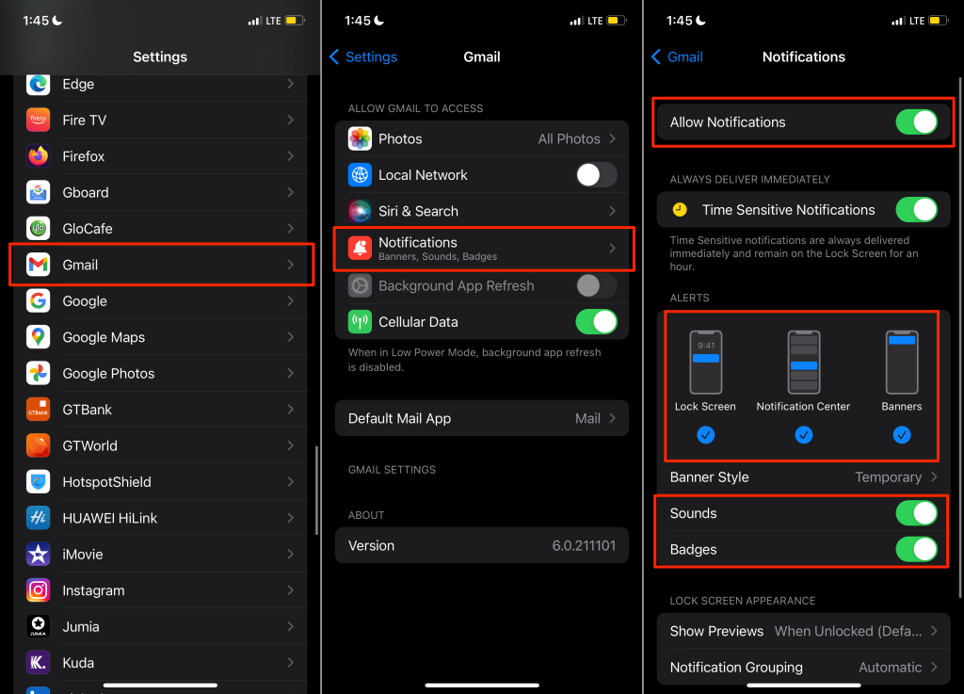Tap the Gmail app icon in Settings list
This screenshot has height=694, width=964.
(38, 265)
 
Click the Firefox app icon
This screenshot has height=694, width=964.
(38, 156)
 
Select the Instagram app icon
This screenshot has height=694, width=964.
(38, 590)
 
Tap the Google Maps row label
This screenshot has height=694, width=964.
(104, 337)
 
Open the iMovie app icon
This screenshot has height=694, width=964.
(38, 555)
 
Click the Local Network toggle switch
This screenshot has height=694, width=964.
(596, 175)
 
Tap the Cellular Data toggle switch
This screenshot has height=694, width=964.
(596, 322)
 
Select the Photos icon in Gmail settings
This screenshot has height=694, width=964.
(360, 139)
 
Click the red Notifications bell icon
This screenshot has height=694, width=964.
(360, 248)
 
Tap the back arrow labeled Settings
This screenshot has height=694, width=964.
(363, 57)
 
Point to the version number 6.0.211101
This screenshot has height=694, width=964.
(584, 546)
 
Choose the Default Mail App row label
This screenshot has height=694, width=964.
(399, 419)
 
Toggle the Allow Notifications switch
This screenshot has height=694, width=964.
(916, 122)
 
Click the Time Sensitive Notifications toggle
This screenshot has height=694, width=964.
(916, 210)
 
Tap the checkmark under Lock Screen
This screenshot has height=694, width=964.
(705, 435)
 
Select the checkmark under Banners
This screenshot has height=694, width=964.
(902, 435)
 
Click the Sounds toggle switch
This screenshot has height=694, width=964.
(916, 513)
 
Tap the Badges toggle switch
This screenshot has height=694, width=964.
(916, 550)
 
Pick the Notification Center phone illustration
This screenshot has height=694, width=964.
(803, 363)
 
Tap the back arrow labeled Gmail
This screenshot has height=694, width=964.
(677, 57)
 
